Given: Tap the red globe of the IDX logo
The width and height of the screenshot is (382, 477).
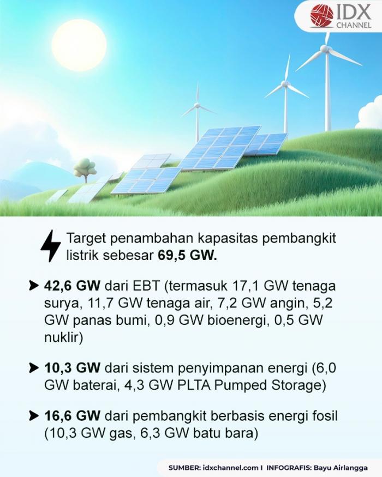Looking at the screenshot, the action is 321,15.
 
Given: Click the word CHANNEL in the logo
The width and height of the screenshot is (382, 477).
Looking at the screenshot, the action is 354,25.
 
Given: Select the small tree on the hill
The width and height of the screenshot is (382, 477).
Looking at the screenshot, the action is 85,169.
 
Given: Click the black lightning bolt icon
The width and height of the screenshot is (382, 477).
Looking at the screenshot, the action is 51,246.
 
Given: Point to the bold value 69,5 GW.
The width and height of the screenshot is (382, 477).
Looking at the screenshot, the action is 187,256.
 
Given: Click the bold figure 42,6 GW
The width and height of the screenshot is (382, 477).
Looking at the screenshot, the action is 72,286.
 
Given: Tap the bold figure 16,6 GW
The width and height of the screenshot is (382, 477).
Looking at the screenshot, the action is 72,415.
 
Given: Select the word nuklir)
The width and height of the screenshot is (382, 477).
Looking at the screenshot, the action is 63,337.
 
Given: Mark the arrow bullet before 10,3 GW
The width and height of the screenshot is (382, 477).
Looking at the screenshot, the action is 33,368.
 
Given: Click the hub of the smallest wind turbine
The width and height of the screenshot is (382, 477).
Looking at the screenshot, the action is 198,106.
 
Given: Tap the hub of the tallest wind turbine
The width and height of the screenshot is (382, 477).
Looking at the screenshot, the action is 325,49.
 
